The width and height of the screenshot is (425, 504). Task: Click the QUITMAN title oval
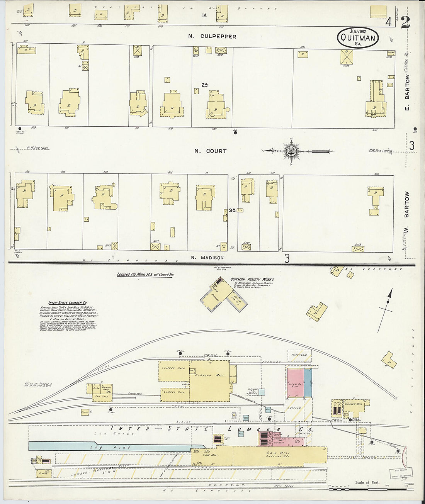(x=358, y=37)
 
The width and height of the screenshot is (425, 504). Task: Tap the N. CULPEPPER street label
(x=212, y=36)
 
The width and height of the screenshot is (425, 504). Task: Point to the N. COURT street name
(x=210, y=151)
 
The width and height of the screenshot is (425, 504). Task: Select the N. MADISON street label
(x=207, y=258)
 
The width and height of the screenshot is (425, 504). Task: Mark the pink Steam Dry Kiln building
(x=295, y=383)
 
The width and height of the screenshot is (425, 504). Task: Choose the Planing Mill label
(x=204, y=375)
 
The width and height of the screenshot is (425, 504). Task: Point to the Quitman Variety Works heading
(x=252, y=279)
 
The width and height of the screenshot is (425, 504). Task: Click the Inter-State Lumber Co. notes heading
(x=68, y=303)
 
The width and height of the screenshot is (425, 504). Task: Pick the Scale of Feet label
(x=367, y=482)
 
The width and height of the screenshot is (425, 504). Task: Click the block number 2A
(x=204, y=85)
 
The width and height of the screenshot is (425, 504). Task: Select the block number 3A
(x=232, y=210)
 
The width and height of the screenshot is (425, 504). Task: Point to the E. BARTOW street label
(x=407, y=92)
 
